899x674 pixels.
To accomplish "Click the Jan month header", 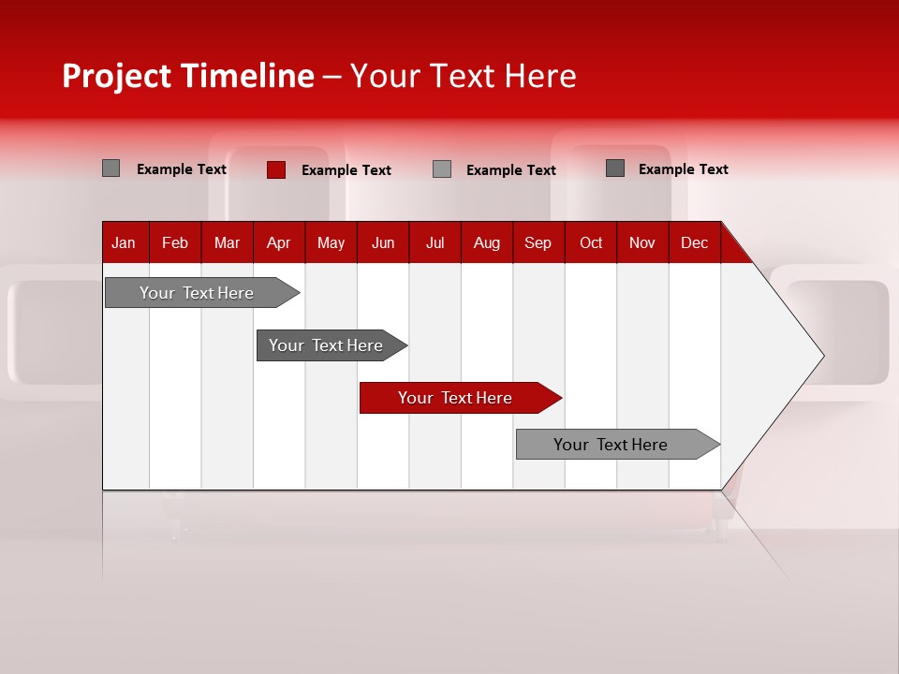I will coord(124,243).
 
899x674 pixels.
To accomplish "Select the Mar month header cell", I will coord(227,243).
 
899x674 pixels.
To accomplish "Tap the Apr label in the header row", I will coord(278,243).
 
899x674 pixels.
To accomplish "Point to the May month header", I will coord(331,243).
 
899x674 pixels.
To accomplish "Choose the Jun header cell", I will coord(383,243).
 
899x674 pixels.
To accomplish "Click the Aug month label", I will coord(487,243).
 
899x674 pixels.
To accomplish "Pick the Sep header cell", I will coord(538,243).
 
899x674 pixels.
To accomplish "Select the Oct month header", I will coord(591,243).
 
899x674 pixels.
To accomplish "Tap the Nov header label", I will coord(642,243).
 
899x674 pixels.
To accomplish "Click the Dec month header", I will coord(694,243).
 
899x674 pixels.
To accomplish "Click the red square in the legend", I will coord(276,169).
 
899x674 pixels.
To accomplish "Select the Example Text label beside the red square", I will coord(346,170).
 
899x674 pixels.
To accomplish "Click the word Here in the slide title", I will coord(540,76).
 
